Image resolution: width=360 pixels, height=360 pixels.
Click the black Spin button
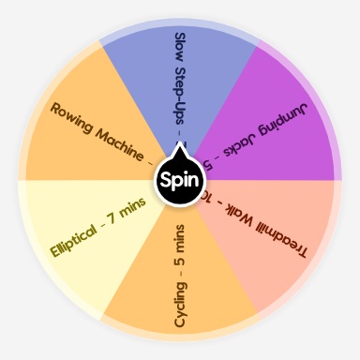(x=180, y=179)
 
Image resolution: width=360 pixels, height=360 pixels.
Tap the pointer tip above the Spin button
(x=180, y=150)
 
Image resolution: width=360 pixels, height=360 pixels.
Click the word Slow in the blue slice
(x=180, y=48)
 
